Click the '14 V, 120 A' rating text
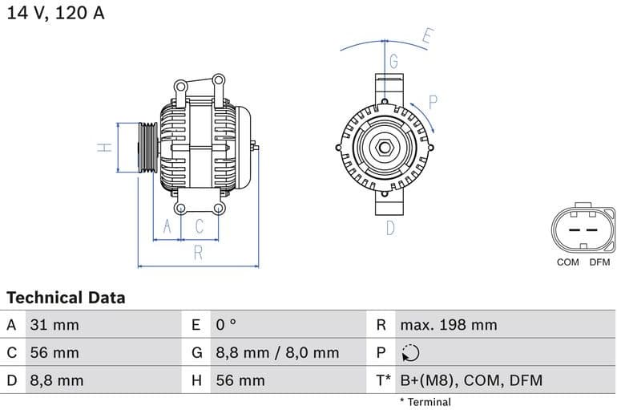pyautogui.click(x=55, y=14)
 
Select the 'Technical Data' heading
pyautogui.click(x=66, y=298)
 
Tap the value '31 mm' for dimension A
pyautogui.click(x=54, y=325)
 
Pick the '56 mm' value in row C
pyautogui.click(x=54, y=352)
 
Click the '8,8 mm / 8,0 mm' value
pyautogui.click(x=277, y=352)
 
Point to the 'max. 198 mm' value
pyautogui.click(x=449, y=325)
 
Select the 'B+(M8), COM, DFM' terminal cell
pyautogui.click(x=471, y=380)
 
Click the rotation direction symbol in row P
pyautogui.click(x=409, y=353)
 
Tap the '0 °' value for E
pyautogui.click(x=227, y=325)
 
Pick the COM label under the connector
pyautogui.click(x=567, y=262)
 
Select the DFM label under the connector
pyautogui.click(x=599, y=262)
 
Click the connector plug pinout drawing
pyautogui.click(x=583, y=229)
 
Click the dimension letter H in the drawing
pyautogui.click(x=103, y=148)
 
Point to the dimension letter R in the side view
pyautogui.click(x=198, y=253)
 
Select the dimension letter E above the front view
pyautogui.click(x=427, y=36)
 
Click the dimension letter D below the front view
pyautogui.click(x=390, y=228)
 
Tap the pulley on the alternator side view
pyautogui.click(x=148, y=148)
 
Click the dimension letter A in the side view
pyautogui.click(x=167, y=227)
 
